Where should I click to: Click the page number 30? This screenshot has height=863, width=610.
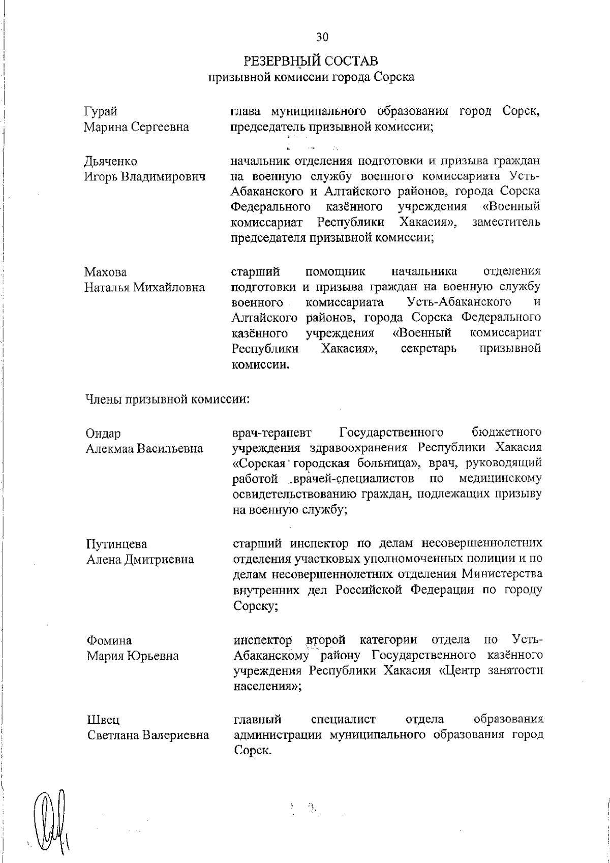322,37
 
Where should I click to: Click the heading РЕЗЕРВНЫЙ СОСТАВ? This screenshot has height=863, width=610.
311,61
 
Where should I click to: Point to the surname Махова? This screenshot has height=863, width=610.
105,272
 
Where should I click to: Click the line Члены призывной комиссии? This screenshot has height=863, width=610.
167,399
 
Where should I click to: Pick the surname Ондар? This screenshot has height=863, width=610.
104,434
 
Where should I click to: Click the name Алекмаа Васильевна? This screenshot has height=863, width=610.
144,449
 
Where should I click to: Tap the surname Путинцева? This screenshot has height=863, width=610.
116,544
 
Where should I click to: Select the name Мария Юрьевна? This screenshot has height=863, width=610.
133,656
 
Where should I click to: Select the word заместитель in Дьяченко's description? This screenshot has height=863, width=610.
505,223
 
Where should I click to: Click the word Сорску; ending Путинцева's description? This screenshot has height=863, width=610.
255,606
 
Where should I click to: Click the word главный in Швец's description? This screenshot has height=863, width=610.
257,720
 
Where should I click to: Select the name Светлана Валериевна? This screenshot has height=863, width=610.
147,735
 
